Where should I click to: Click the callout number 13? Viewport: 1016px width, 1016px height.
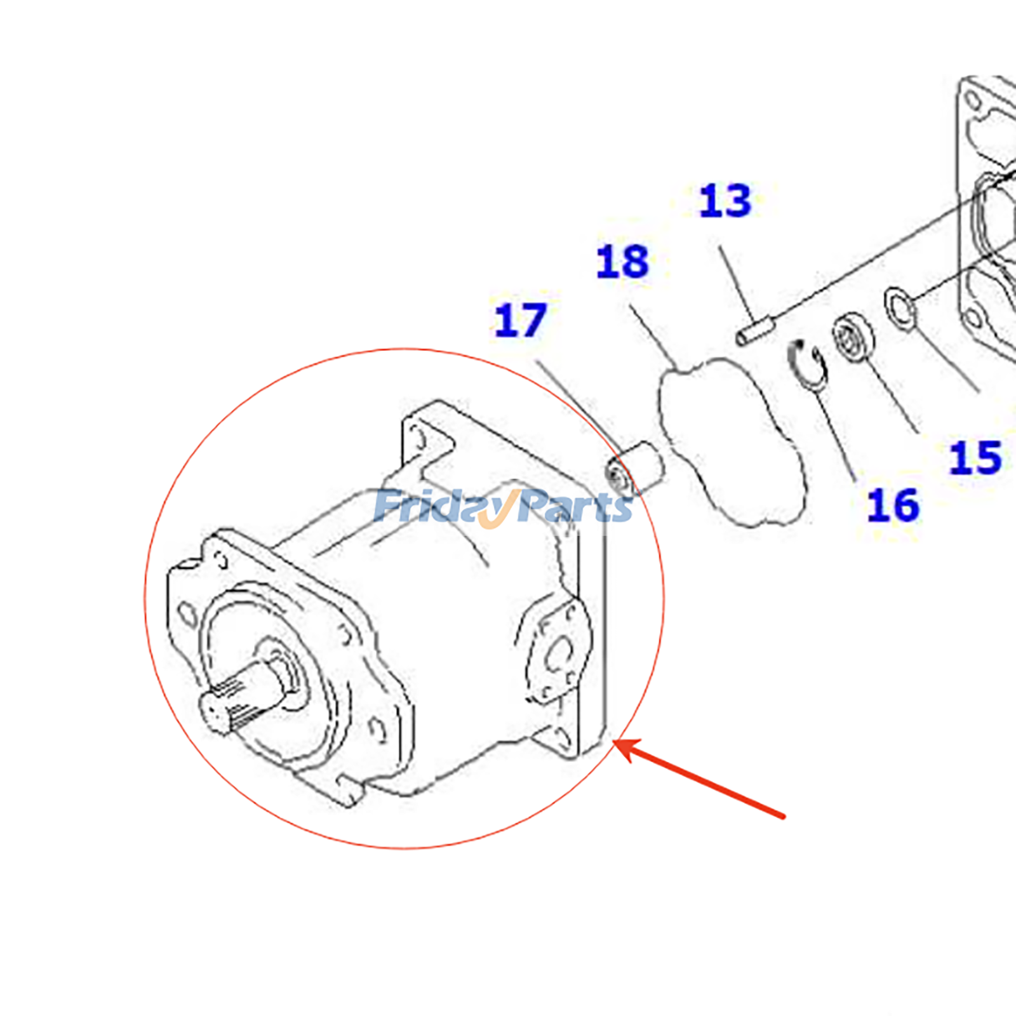725,201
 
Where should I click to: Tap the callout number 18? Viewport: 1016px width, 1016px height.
622,262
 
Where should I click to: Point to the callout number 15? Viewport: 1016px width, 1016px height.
975,458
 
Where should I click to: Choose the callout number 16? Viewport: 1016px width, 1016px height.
893,505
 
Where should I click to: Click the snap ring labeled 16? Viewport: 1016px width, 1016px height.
808,364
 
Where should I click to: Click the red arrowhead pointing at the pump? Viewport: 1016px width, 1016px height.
625,749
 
